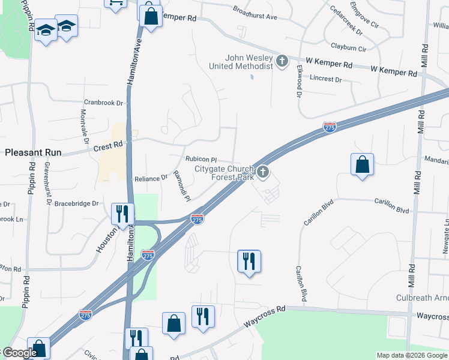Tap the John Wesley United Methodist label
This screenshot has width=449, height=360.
point(249,62)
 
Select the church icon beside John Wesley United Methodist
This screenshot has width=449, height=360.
point(282,61)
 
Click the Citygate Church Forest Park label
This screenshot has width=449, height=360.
point(224,173)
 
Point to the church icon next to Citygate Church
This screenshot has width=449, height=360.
point(262,173)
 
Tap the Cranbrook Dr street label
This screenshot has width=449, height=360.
point(103,103)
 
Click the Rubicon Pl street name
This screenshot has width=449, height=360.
point(200,160)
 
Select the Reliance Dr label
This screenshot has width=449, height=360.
point(151,178)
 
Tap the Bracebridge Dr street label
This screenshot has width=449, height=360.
point(76,203)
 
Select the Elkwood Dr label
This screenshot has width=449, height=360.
point(298,82)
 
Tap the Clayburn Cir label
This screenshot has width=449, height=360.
point(348,47)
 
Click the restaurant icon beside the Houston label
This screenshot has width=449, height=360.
point(123,213)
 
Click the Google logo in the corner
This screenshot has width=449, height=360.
point(19,353)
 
